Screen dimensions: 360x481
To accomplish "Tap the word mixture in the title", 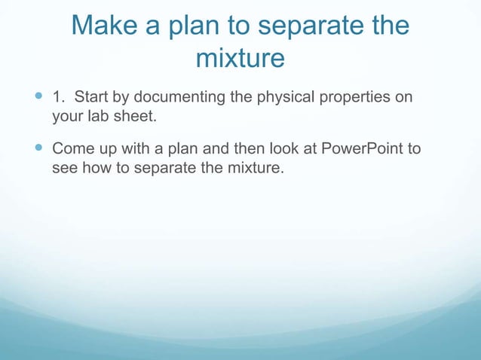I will pyautogui.click(x=240, y=57).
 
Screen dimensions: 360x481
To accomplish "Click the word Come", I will pyautogui.click(x=70, y=147).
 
